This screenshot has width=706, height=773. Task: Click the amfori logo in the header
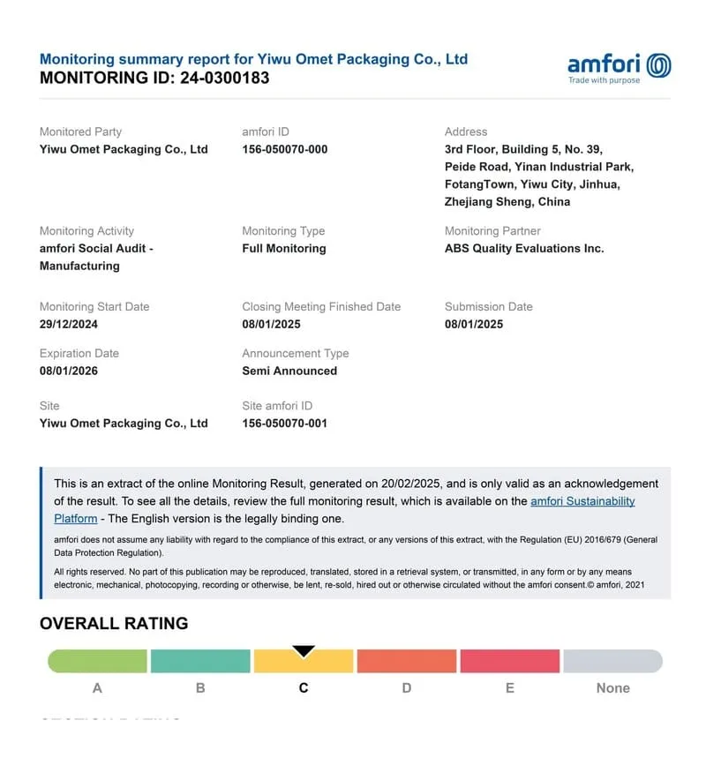coord(619,67)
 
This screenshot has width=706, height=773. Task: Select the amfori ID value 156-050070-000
coord(284,149)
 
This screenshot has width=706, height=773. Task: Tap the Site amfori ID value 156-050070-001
coord(284,423)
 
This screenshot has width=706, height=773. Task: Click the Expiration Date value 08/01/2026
coord(69,371)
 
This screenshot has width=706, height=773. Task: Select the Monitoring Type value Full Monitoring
coord(283,248)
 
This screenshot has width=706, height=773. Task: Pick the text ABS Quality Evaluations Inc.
coord(524,248)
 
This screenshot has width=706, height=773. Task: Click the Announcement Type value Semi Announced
coord(289,371)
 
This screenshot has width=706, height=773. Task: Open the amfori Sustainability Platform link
coord(582,501)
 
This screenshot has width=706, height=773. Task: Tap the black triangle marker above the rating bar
coord(304,651)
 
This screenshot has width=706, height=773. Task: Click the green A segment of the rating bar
coord(97,661)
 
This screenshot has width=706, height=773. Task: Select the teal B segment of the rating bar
coord(200,661)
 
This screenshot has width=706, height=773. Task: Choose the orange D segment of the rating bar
coord(406,661)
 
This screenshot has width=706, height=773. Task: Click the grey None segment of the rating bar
coord(612,661)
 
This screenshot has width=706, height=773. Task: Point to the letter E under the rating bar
coord(509,687)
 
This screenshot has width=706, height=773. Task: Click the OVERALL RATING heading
coord(114,623)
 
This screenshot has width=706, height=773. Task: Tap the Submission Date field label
coord(488,306)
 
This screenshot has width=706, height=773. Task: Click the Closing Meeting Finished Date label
coord(321,306)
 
